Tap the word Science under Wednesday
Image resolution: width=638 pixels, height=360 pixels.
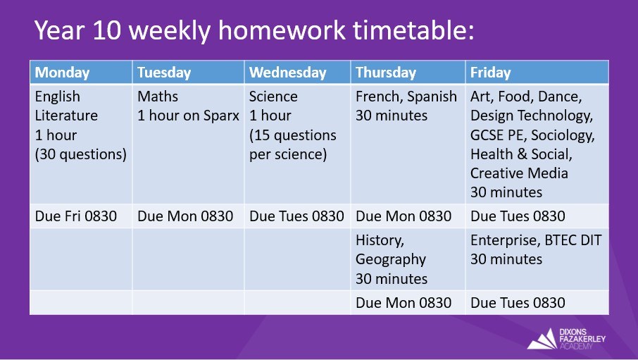[x=273, y=97]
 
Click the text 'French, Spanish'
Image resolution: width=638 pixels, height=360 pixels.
[x=406, y=97]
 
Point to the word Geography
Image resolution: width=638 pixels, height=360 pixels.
[x=391, y=259]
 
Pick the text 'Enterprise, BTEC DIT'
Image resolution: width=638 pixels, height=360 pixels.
[x=536, y=240]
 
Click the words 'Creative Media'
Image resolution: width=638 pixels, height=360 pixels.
[x=519, y=173]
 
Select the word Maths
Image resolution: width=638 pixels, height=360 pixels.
[x=158, y=97]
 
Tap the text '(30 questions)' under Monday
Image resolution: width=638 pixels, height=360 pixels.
[x=81, y=154]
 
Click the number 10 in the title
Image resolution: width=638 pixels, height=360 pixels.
[x=106, y=30]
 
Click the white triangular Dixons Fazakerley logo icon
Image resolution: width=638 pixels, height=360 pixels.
[x=542, y=339]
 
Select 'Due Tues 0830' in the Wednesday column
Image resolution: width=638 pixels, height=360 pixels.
[x=296, y=216]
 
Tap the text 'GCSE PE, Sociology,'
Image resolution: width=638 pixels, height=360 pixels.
[x=532, y=135]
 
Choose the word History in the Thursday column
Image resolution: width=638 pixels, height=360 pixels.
[x=380, y=240]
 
